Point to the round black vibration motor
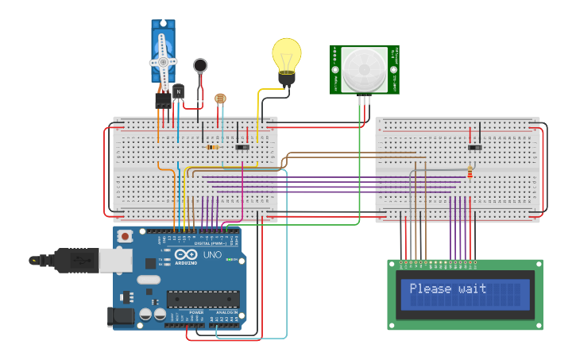point(200,65)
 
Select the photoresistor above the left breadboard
point(220,99)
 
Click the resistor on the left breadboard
point(212,147)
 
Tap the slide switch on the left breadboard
point(242,147)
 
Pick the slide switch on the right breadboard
point(475,147)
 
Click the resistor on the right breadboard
point(470,172)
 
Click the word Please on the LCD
point(430,289)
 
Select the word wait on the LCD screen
point(472,289)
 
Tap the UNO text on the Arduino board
point(212,255)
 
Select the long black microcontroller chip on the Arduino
point(203,299)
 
